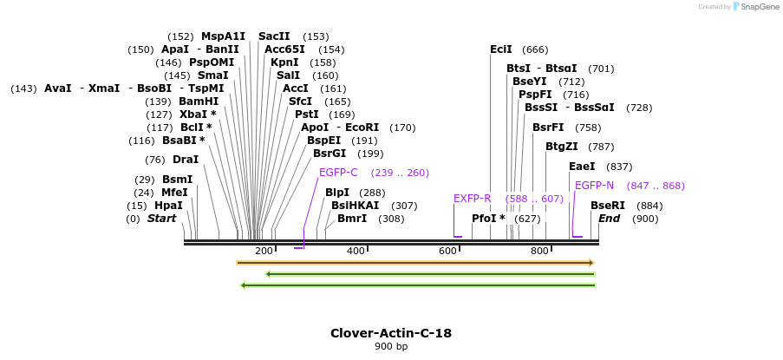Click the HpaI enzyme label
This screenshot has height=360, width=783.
(x=168, y=206)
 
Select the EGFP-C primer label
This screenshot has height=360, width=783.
(x=338, y=173)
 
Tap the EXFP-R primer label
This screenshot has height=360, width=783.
(x=473, y=199)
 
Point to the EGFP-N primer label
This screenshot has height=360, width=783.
(x=594, y=186)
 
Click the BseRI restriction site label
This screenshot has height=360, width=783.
(x=608, y=206)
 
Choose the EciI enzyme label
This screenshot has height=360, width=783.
(x=501, y=49)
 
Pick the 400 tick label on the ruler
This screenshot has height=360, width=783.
(x=356, y=251)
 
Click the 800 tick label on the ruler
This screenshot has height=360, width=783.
(x=539, y=251)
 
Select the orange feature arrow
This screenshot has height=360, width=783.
(x=415, y=262)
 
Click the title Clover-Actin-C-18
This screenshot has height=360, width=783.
(x=391, y=333)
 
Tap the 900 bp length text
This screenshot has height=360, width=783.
(x=391, y=347)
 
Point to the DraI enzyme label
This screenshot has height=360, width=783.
(x=186, y=160)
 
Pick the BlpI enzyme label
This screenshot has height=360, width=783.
(x=337, y=193)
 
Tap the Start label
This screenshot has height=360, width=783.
(x=161, y=219)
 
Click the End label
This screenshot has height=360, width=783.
(x=610, y=219)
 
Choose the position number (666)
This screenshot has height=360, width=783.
(x=535, y=49)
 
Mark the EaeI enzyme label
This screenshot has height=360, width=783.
(x=582, y=167)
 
